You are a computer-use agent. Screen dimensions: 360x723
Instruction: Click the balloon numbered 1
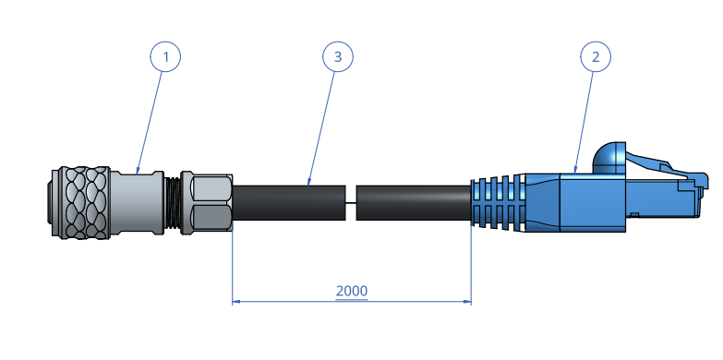[x=165, y=57]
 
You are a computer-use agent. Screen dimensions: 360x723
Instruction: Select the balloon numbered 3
[x=338, y=57]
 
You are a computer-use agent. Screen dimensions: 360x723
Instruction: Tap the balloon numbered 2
[x=596, y=57]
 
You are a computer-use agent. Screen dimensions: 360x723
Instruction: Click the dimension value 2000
[x=352, y=291]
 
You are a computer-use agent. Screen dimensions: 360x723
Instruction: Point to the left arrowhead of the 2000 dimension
[x=235, y=301]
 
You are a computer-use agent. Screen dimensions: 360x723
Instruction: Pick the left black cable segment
[x=288, y=202]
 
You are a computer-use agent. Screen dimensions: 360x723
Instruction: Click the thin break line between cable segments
[x=351, y=202]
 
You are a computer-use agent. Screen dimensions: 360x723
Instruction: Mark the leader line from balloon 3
[x=322, y=125]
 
